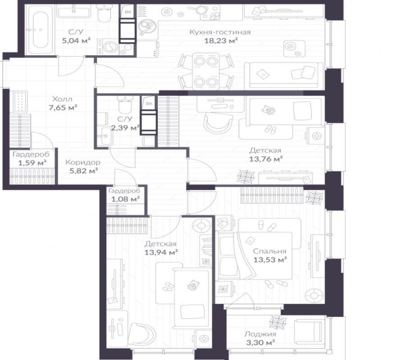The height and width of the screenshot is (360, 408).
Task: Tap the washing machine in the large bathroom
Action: point(108,47)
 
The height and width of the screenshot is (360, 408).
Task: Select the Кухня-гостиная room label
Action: point(220,32)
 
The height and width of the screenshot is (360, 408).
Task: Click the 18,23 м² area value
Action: point(221,40)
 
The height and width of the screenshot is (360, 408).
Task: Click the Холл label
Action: point(63,99)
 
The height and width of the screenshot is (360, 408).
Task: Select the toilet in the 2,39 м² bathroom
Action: point(125,104)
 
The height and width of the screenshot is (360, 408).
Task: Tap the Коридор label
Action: point(83,162)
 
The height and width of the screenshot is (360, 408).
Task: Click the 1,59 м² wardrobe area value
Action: point(32,163)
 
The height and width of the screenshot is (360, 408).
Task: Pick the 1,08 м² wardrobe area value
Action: point(126,199)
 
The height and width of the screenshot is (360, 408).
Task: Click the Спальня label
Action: point(270,251)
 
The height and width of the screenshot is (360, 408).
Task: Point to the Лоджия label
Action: point(260,334)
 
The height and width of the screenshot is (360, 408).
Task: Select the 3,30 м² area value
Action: point(260,342)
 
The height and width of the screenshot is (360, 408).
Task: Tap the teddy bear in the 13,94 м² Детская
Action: point(193,285)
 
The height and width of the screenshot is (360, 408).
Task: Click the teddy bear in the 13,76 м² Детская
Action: point(268,110)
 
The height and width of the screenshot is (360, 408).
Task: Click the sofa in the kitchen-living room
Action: point(284,76)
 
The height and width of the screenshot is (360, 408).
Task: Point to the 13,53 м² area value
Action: point(270,260)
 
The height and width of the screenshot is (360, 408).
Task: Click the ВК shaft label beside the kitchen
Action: point(128,12)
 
